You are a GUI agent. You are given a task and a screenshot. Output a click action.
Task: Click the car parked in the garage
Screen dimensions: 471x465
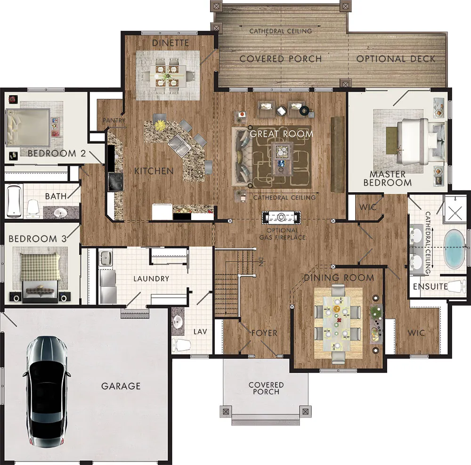(47, 392)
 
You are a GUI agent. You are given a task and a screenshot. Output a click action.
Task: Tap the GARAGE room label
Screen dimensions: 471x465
(121, 386)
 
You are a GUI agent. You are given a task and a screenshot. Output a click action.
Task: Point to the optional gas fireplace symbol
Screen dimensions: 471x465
(281, 218)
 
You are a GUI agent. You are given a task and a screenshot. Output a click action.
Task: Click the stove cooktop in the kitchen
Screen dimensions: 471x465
(116, 182)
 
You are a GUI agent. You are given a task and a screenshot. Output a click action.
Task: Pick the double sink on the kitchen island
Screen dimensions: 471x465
(179, 146)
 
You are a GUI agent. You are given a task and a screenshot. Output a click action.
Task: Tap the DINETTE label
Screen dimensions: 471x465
(171, 43)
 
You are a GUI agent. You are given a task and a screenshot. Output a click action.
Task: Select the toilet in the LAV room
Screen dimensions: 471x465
(181, 345)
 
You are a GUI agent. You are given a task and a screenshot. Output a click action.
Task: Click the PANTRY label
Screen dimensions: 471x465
(114, 121)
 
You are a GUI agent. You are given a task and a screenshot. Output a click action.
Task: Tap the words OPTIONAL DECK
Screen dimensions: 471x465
(396, 59)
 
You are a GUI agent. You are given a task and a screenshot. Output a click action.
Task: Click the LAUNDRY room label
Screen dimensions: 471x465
(151, 279)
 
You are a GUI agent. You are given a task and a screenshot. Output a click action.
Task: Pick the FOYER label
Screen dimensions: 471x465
(264, 333)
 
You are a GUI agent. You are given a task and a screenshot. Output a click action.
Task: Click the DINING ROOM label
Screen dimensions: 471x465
(339, 277)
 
